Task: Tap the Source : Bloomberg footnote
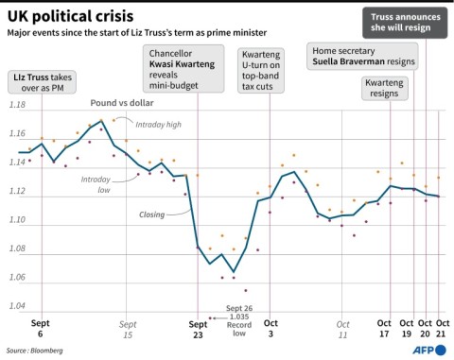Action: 35,349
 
